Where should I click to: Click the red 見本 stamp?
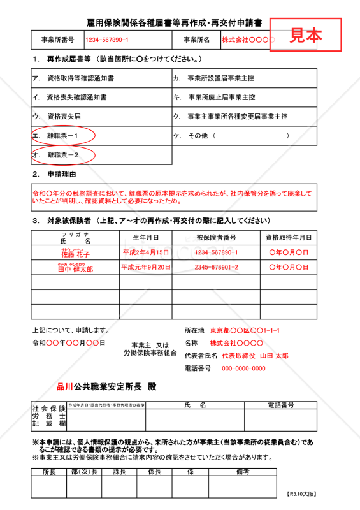[x=306, y=34]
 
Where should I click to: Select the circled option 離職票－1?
[x=63, y=136]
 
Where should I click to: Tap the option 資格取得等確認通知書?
[x=80, y=78]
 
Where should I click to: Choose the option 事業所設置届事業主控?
[x=221, y=78]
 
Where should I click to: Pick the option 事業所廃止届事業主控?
[x=221, y=98]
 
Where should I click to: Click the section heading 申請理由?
[x=62, y=174]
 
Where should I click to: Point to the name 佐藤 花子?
[x=75, y=254]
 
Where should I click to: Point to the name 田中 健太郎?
[x=75, y=268]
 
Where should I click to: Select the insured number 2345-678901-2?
[x=216, y=267]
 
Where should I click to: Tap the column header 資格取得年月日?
[x=289, y=237]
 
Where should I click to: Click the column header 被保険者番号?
[x=216, y=237]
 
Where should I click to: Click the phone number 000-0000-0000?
[x=243, y=368]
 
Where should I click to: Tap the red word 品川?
[x=65, y=387]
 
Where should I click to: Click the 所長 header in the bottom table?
[x=48, y=472]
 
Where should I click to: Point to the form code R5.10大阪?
[x=301, y=493]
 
